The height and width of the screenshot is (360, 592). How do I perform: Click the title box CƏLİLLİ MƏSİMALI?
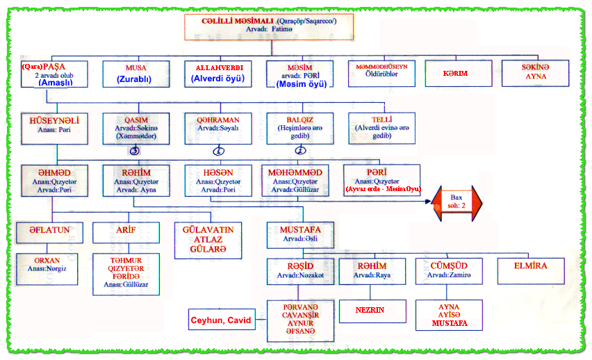pyautogui.click(x=270, y=26)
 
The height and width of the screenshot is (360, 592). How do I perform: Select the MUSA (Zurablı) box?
pyautogui.click(x=135, y=73)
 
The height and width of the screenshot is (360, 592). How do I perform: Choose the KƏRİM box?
pyautogui.click(x=455, y=73)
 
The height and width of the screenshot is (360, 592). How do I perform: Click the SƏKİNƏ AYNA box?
pyautogui.click(x=535, y=73)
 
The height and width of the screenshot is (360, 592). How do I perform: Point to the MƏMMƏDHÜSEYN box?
pyautogui.click(x=381, y=73)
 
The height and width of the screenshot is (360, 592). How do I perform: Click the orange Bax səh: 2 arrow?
pyautogui.click(x=458, y=200)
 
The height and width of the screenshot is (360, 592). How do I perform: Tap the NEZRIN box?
pyautogui.click(x=372, y=310)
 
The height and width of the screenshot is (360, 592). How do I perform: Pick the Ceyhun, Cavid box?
pyautogui.click(x=220, y=320)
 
